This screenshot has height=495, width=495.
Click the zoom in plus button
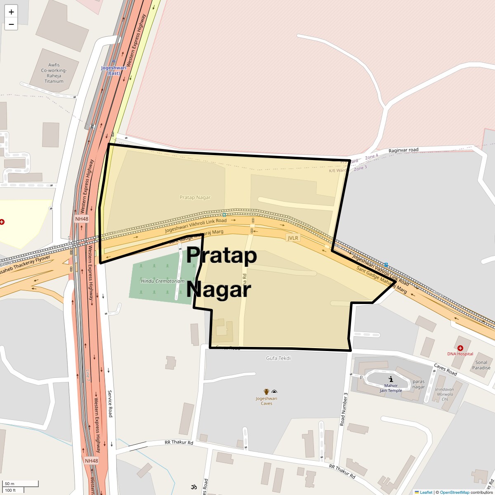(x=11, y=12)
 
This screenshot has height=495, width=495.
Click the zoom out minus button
(x=11, y=24)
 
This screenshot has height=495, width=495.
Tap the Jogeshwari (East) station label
(x=113, y=70)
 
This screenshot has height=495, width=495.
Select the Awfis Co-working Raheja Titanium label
(x=54, y=73)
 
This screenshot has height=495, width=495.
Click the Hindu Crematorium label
(x=163, y=281)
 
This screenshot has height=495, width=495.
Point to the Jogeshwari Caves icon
(x=266, y=391)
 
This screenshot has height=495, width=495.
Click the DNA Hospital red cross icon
(x=460, y=348)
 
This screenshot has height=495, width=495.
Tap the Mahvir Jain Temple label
(x=391, y=388)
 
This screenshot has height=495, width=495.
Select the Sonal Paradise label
(x=481, y=365)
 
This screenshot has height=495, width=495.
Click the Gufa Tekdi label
(x=278, y=358)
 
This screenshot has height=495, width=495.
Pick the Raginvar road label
(x=403, y=150)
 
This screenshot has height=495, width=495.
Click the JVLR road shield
(x=293, y=238)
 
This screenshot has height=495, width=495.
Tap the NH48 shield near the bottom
(x=92, y=460)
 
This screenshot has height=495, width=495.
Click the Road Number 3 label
(x=343, y=409)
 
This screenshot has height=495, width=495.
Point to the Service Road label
(x=110, y=403)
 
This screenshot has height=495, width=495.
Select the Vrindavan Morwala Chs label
(x=445, y=394)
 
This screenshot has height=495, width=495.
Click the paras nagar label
(x=418, y=384)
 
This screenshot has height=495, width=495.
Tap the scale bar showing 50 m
(x=21, y=483)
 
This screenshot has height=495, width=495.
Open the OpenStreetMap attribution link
(x=454, y=492)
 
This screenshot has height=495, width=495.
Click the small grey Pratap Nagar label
(x=195, y=197)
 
